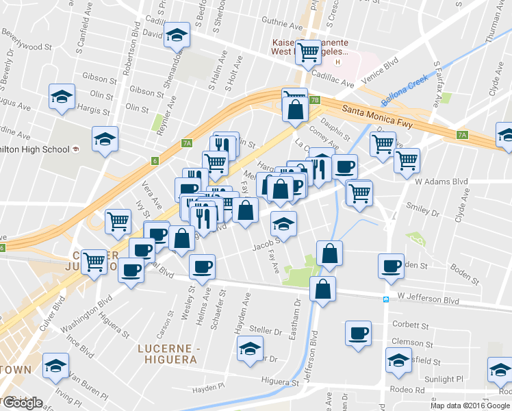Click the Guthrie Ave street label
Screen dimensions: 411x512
[281, 27]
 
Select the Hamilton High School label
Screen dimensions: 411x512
[34, 149]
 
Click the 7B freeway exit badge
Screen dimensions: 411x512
[315, 100]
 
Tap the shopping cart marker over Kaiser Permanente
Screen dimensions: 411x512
[307, 51]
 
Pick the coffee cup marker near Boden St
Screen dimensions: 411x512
[392, 265]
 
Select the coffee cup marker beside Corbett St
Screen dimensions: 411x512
[358, 333]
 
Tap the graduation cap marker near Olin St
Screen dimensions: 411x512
[62, 96]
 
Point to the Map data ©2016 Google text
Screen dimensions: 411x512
[470, 406]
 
